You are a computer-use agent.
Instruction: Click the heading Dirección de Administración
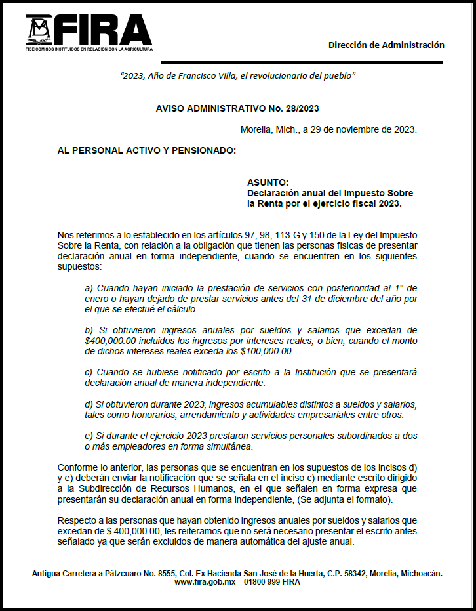point(386,45)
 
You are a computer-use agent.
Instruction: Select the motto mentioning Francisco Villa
point(238,75)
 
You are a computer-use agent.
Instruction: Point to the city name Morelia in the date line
point(256,129)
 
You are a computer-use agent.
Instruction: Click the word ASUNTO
point(268,182)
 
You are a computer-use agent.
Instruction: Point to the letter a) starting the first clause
point(89,288)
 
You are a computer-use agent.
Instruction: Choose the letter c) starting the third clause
point(89,372)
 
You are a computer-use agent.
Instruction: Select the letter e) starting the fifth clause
point(89,436)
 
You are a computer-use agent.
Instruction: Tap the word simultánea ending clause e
point(229,446)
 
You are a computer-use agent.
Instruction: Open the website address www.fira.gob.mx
point(204,582)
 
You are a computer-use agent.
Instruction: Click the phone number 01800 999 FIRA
point(272,582)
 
